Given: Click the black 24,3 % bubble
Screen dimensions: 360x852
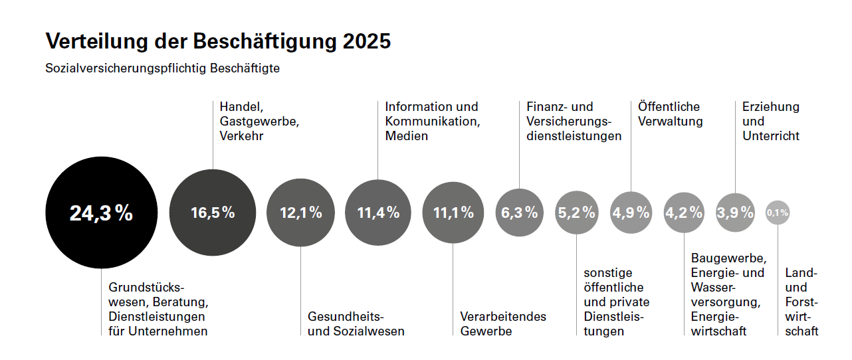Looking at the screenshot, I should click(101, 213).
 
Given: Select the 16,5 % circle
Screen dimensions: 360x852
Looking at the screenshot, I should click(213, 213).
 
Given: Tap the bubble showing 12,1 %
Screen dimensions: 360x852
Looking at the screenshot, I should click(300, 213).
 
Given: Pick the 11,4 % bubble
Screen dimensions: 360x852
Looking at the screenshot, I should click(378, 213).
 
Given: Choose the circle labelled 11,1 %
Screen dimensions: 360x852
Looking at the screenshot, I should click(453, 213).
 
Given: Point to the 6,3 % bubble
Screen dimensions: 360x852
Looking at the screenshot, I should click(519, 213).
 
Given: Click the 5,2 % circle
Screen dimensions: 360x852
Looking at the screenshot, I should click(576, 213).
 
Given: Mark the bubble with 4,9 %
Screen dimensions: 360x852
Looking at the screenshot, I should click(631, 213).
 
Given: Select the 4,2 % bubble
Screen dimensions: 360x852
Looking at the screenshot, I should click(683, 213).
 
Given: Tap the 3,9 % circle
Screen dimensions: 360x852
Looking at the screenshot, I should click(735, 213).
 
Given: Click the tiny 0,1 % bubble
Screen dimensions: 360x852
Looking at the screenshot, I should click(777, 213).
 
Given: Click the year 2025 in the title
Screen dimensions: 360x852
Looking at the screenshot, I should click(368, 41).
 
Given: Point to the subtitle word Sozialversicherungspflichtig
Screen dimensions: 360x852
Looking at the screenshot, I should click(126, 68).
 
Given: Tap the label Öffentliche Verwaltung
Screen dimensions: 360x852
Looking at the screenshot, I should click(670, 114).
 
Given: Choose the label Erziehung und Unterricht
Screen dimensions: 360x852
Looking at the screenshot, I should click(770, 122).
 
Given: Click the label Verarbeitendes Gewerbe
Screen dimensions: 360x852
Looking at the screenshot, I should click(502, 323).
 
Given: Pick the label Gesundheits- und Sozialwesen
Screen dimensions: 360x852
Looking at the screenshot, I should click(356, 323).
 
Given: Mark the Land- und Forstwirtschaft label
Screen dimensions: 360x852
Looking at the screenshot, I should click(801, 302).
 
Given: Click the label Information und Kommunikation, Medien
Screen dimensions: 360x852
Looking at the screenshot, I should click(432, 122).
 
